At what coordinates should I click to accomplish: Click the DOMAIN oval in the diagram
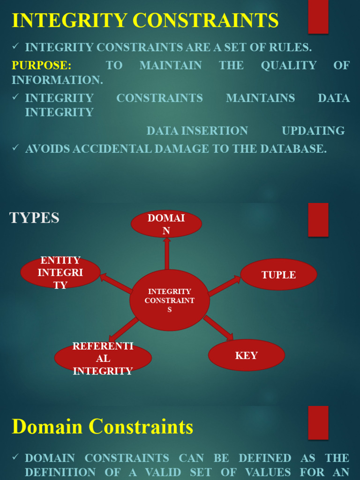pyautogui.click(x=166, y=224)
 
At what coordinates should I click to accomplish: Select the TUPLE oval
pyautogui.click(x=278, y=274)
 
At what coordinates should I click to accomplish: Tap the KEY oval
pyautogui.click(x=247, y=355)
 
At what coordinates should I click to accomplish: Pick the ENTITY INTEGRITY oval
pyautogui.click(x=60, y=272)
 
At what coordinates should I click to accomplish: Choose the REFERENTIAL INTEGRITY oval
pyautogui.click(x=103, y=358)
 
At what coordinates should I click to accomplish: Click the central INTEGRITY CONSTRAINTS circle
pyautogui.click(x=170, y=300)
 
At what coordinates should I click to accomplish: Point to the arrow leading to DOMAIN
pyautogui.click(x=167, y=254)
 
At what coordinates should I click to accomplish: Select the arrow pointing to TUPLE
pyautogui.click(x=225, y=285)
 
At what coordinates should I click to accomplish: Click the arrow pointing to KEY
pyautogui.click(x=218, y=328)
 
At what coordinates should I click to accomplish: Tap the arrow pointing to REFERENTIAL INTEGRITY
pyautogui.click(x=124, y=330)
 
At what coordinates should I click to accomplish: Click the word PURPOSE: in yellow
pyautogui.click(x=42, y=65)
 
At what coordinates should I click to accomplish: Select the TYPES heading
pyautogui.click(x=34, y=217)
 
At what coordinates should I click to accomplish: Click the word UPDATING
pyautogui.click(x=313, y=131)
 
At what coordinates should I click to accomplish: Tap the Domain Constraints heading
pyautogui.click(x=103, y=427)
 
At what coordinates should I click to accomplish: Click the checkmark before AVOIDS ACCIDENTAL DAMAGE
pyautogui.click(x=15, y=147)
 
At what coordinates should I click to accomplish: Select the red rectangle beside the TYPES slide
pyautogui.click(x=318, y=220)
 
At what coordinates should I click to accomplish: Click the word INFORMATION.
pyautogui.click(x=57, y=80)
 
